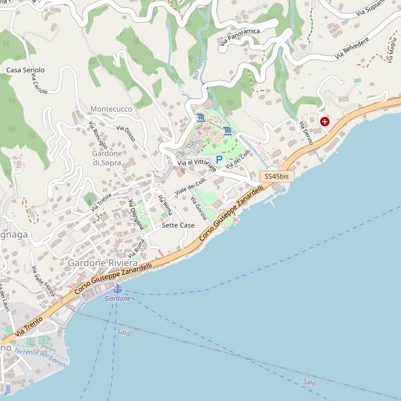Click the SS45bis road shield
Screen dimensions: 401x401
click(x=277, y=176)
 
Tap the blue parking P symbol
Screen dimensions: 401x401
click(x=219, y=160)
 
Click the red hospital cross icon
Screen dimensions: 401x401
click(x=325, y=122)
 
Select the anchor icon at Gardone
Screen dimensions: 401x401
click(x=118, y=288)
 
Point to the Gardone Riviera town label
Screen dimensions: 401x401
click(x=102, y=263)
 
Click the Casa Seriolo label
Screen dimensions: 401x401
click(x=25, y=70)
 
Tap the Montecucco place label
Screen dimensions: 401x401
click(x=111, y=108)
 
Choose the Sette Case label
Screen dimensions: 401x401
click(x=178, y=226)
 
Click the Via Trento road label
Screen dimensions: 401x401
click(x=29, y=325)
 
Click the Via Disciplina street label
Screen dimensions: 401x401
click(x=136, y=215)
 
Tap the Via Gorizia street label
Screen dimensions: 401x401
click(x=199, y=209)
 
